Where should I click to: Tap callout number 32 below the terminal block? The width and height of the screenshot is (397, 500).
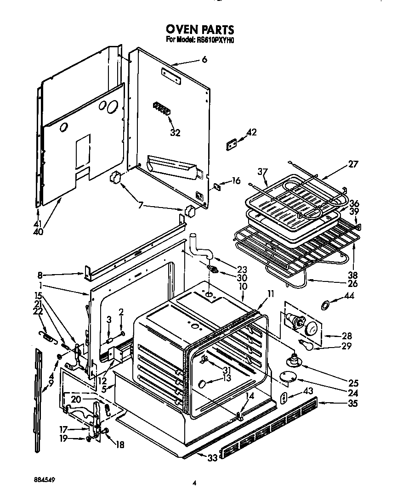[x=175, y=133]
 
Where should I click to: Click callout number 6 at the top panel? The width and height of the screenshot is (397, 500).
[x=204, y=59]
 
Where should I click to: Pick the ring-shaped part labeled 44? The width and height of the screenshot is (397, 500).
[x=324, y=304]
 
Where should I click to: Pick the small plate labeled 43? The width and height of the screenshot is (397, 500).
[x=284, y=398]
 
